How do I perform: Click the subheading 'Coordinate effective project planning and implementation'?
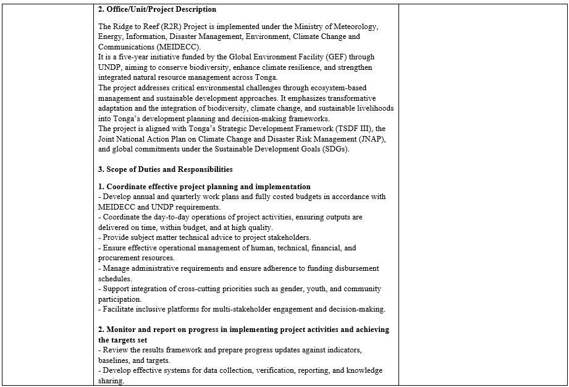coord(208,187)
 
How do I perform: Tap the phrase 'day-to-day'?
coord(168,217)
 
